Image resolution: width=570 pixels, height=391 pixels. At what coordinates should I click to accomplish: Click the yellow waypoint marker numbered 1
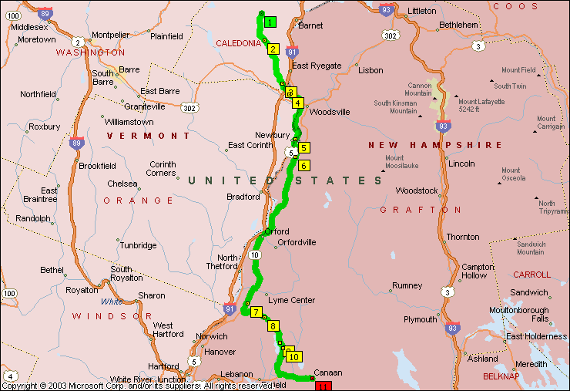click(x=270, y=22)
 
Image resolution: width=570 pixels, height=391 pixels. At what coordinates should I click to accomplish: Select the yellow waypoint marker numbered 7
click(x=255, y=312)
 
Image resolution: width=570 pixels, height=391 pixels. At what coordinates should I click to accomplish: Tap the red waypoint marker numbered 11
click(x=323, y=386)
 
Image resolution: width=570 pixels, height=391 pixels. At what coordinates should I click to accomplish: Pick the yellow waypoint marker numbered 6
click(x=303, y=166)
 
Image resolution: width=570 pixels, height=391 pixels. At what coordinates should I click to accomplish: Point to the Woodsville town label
click(x=329, y=112)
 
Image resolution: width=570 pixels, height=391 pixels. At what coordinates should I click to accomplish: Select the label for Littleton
click(x=421, y=11)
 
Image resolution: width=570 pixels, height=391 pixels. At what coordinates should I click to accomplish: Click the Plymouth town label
click(x=420, y=319)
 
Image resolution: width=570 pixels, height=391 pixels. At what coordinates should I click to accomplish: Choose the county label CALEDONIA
click(x=238, y=43)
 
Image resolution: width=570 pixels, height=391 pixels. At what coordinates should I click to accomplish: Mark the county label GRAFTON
click(x=421, y=210)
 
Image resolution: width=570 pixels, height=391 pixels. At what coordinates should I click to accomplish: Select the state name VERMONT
click(x=149, y=136)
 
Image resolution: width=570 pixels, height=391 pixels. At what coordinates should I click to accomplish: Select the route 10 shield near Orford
click(x=255, y=254)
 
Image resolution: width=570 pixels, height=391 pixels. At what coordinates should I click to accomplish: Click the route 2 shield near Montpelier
click(x=78, y=42)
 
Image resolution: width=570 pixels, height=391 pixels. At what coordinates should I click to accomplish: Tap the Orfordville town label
click(x=297, y=242)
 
